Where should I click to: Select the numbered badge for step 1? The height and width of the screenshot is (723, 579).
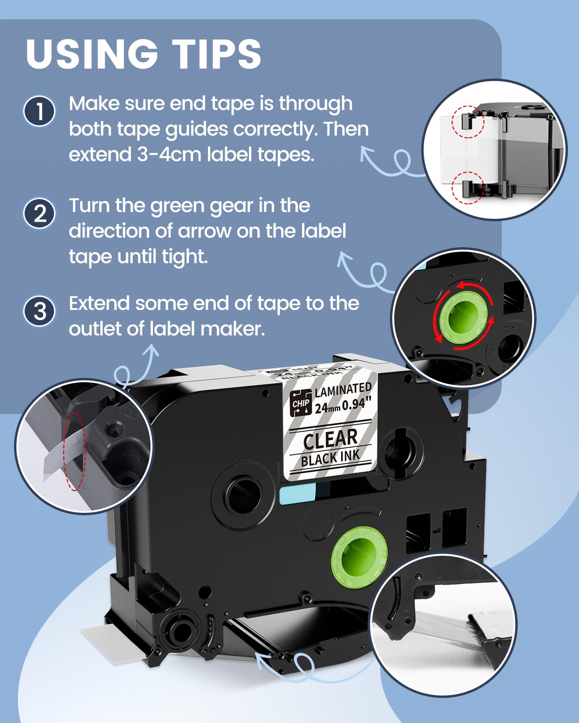point(40,111)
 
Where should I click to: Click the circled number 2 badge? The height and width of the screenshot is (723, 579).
point(40,214)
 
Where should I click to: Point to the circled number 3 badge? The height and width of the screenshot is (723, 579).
point(40,311)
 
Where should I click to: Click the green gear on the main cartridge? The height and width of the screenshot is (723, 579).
point(359,555)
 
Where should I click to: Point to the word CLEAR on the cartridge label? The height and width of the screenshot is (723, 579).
point(330,439)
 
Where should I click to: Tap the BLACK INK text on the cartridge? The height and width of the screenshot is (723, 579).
point(331,458)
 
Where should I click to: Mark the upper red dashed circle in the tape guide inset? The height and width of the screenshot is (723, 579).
point(467,121)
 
